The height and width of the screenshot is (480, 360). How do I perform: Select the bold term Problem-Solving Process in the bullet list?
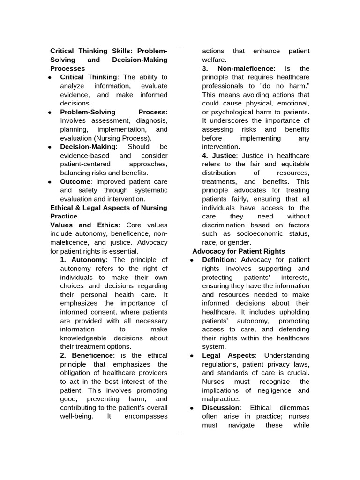tap(113, 112)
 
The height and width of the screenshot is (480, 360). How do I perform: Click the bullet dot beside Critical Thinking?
tap(50, 77)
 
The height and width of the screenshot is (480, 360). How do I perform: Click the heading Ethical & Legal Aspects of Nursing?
tap(108, 208)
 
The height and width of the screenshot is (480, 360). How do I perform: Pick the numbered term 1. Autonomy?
tap(83, 260)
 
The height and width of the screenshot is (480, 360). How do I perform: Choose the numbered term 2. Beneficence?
tap(86, 355)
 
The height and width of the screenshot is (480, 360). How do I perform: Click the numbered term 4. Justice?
tap(220, 155)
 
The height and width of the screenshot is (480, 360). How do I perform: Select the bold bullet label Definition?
tap(218, 260)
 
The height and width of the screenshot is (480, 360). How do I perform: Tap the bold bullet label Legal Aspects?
tap(229, 355)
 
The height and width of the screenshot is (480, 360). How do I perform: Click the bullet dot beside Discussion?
tap(192, 408)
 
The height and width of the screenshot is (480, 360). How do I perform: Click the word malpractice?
tap(220, 399)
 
